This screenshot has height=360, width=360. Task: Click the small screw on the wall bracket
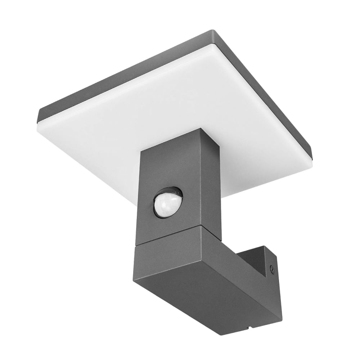273,267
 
